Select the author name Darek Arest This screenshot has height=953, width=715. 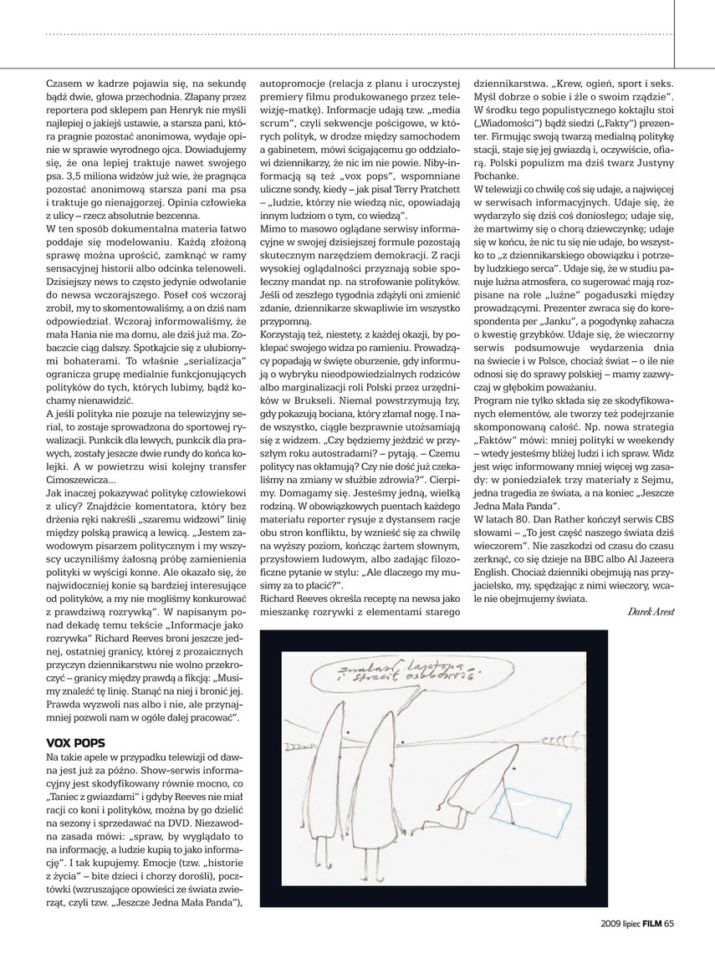pos(651,612)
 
